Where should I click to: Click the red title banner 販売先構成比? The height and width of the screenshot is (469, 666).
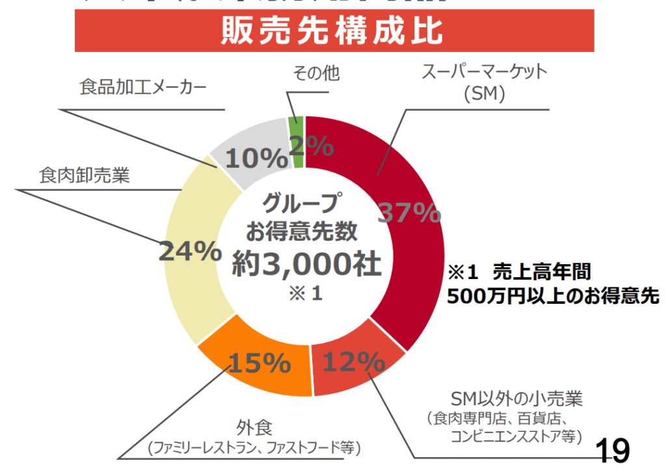pos(334,31)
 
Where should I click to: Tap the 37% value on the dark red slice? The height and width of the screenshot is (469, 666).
pos(410,213)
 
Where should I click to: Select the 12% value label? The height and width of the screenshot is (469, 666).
pos(354,362)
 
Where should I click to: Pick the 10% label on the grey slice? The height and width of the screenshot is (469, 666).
pos(248,159)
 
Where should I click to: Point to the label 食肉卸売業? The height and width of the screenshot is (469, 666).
pos(84,176)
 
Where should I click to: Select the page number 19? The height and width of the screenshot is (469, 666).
pos(612,450)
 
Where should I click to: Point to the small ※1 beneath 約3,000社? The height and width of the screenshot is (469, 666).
pos(306,293)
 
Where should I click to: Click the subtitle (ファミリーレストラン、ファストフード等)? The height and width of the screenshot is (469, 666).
pos(254,448)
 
